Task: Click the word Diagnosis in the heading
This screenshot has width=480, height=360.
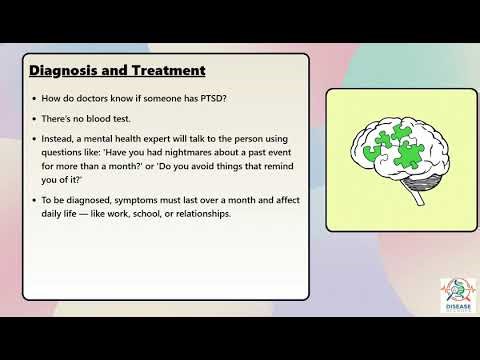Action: point(62,71)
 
